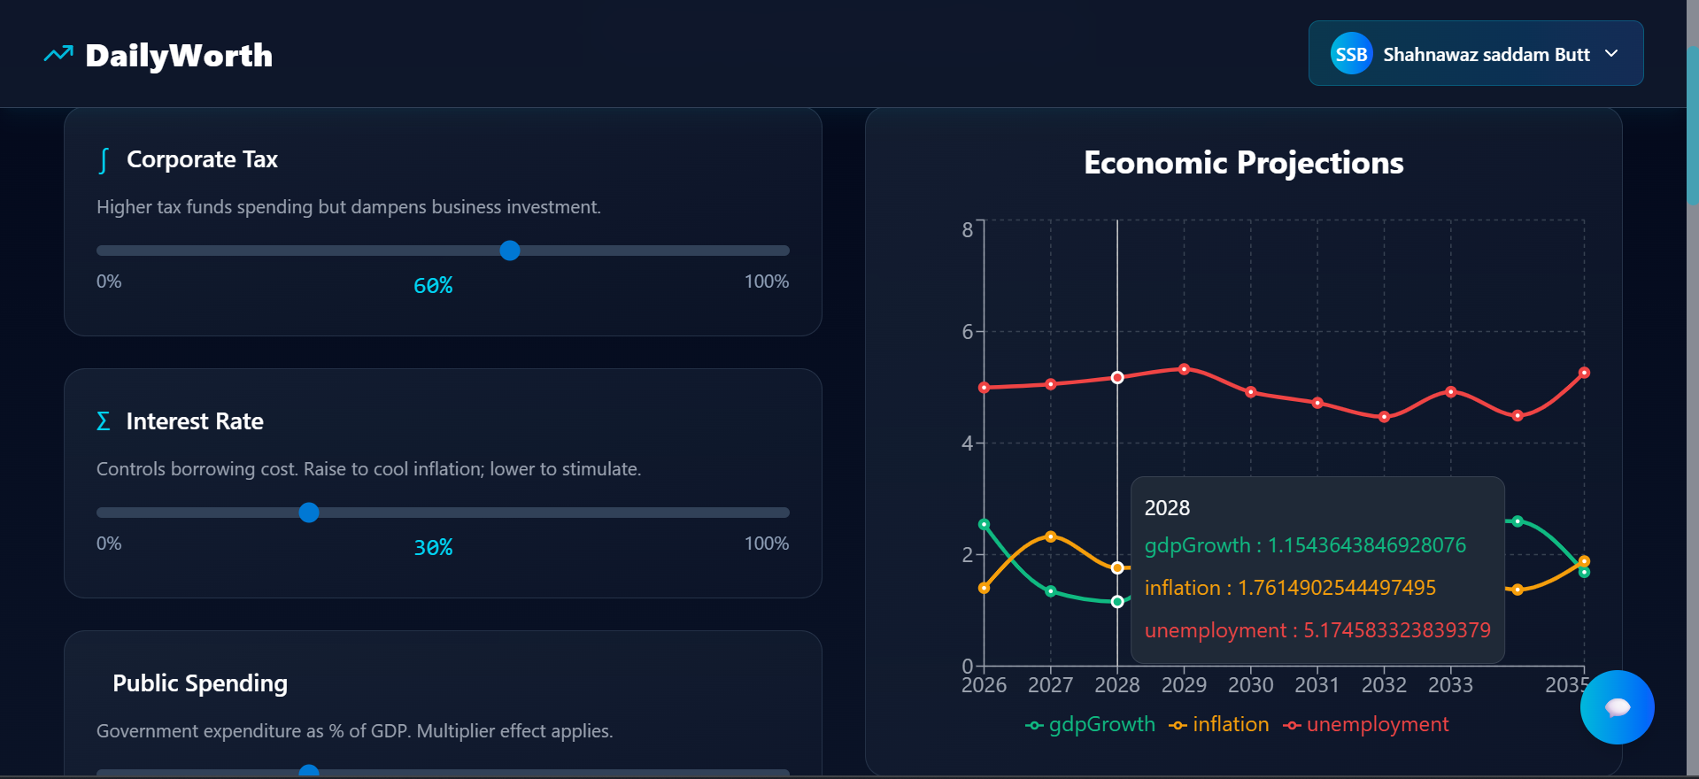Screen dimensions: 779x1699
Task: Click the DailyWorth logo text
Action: tap(178, 56)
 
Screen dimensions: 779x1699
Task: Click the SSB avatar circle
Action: tap(1351, 54)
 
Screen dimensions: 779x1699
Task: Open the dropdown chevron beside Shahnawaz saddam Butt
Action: tap(1611, 54)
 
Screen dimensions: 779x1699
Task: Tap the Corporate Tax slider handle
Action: tap(510, 251)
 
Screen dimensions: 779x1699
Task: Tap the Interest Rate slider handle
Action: tap(309, 513)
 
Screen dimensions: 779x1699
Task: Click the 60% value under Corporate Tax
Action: tap(433, 285)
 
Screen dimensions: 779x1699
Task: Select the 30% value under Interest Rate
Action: tap(433, 547)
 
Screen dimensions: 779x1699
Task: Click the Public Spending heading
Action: tap(200, 683)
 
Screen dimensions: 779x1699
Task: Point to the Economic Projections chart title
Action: tap(1243, 163)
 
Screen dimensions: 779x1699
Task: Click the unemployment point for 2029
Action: tap(1184, 369)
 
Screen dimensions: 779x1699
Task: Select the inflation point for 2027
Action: tap(1051, 536)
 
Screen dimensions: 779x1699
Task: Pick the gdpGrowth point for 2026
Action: tap(985, 524)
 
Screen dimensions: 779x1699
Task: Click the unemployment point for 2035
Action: tap(1584, 373)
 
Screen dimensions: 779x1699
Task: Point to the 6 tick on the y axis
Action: tap(968, 332)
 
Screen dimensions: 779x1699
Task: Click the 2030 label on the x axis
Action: tap(1250, 685)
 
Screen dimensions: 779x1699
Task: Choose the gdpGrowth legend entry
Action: tap(1091, 725)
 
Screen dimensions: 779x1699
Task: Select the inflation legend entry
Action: tap(1219, 725)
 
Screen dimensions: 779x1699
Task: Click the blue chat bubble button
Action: tap(1617, 707)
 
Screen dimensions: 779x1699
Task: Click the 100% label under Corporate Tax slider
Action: tap(766, 282)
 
